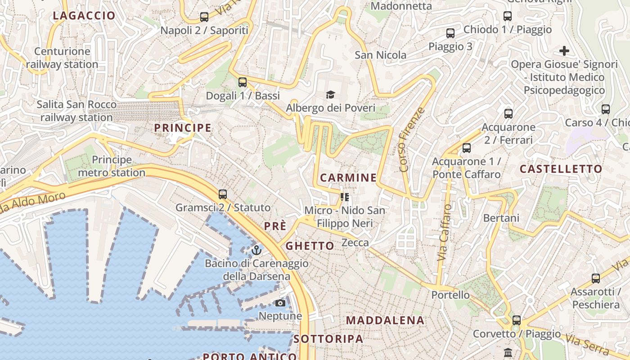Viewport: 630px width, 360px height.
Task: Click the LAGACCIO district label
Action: (x=84, y=16)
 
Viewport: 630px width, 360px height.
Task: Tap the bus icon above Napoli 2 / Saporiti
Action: (x=204, y=18)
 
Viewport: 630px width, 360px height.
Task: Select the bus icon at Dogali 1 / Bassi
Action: (x=243, y=82)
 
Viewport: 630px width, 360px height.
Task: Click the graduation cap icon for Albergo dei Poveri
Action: (x=331, y=95)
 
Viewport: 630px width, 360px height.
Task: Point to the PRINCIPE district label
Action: (x=183, y=128)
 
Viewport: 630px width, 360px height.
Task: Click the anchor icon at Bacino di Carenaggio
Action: (x=256, y=250)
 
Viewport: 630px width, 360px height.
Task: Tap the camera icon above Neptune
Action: (x=280, y=303)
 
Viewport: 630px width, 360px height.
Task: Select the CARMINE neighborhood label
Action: (x=348, y=178)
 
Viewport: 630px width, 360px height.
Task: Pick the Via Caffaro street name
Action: (x=445, y=232)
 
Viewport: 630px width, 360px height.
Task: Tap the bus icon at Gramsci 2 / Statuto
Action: (x=223, y=194)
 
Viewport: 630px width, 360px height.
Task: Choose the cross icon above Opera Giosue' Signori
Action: (x=564, y=51)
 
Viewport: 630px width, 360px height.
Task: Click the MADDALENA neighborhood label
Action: (x=385, y=320)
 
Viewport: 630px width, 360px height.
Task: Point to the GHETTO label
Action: (x=310, y=246)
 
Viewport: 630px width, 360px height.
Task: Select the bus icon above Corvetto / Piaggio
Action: (x=517, y=320)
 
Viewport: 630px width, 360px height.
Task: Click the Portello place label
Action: (x=450, y=295)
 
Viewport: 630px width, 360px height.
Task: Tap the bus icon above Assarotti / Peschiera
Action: (x=596, y=279)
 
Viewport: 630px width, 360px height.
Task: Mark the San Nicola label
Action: (x=380, y=55)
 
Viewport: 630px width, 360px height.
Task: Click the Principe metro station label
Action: (x=112, y=166)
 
